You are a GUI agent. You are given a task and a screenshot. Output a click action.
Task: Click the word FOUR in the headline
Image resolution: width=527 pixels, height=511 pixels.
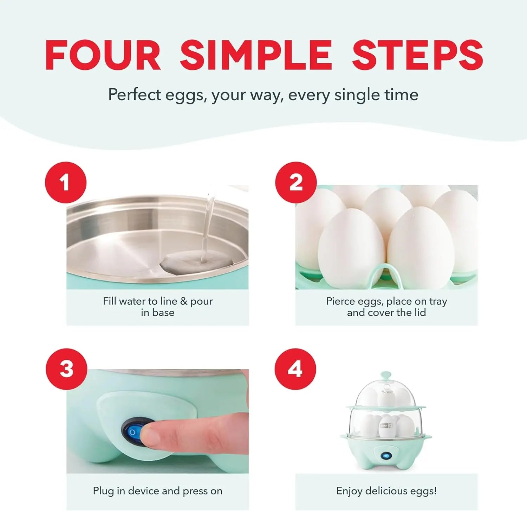pyautogui.click(x=103, y=55)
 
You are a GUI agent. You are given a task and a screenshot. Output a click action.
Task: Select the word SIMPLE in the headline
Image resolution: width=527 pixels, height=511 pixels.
pyautogui.click(x=256, y=55)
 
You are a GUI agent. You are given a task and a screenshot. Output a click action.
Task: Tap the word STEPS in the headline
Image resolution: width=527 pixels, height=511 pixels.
pyautogui.click(x=417, y=55)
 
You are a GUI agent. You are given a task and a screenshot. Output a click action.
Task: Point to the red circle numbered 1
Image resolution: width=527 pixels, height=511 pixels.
pyautogui.click(x=66, y=182)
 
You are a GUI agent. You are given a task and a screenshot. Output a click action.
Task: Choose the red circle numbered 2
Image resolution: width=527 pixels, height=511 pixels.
pyautogui.click(x=296, y=182)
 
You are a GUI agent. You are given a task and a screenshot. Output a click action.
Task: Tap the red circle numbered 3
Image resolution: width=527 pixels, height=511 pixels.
pyautogui.click(x=66, y=369)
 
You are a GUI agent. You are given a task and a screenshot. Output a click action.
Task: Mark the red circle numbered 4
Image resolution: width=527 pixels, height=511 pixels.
pyautogui.click(x=295, y=369)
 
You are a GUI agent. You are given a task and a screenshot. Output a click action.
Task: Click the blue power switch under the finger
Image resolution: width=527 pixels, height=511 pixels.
pyautogui.click(x=134, y=431)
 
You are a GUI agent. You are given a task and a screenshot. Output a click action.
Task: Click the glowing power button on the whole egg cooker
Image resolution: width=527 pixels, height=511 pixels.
pyautogui.click(x=386, y=456)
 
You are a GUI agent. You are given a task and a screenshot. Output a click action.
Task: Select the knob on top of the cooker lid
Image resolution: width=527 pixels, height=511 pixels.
pyautogui.click(x=386, y=375)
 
